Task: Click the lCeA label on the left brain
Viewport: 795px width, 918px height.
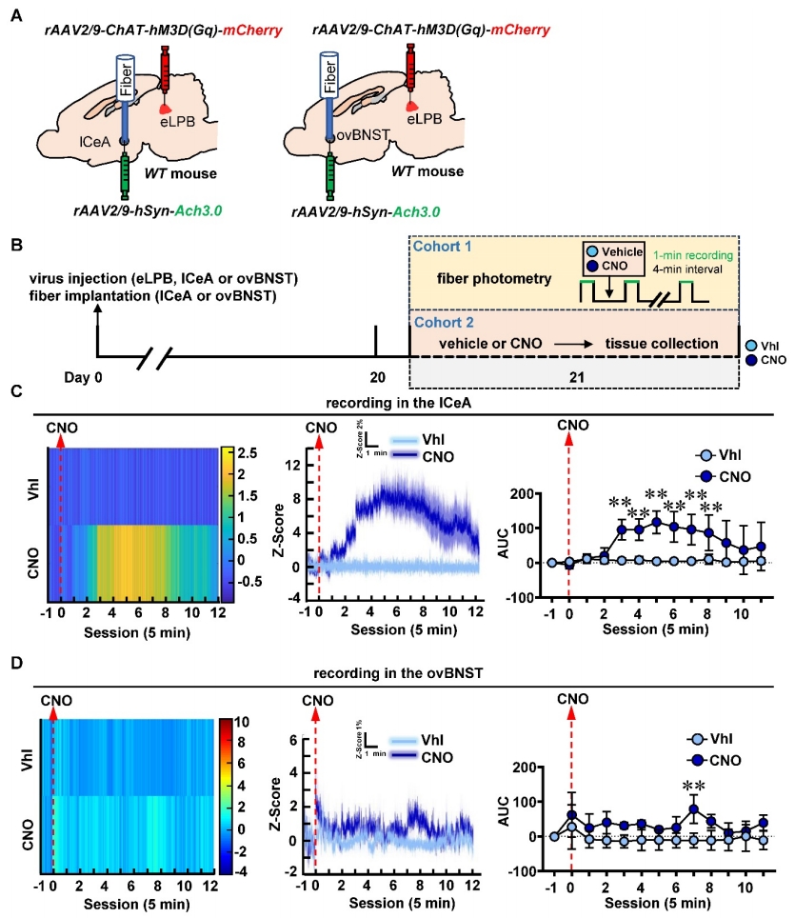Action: click(x=98, y=144)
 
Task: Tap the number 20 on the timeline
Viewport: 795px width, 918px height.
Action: click(x=377, y=375)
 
